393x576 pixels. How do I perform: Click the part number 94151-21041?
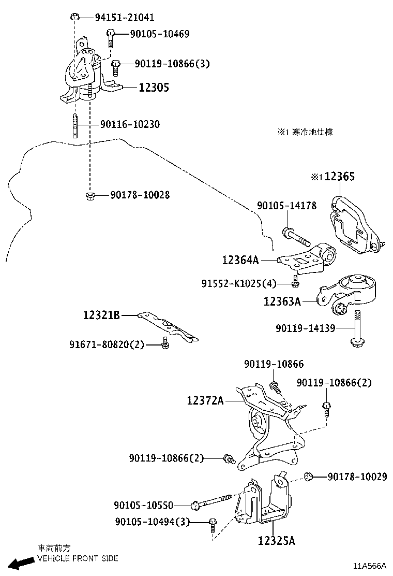[x=124, y=18]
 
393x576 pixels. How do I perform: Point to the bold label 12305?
[x=154, y=88]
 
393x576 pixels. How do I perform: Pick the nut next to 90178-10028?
[x=89, y=195]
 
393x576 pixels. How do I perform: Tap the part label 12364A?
[x=240, y=260]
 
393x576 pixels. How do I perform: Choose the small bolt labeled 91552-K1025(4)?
[x=295, y=281]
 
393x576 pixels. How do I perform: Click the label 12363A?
[x=282, y=301]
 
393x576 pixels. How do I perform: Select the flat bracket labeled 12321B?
[x=171, y=327]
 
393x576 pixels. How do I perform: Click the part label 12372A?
[x=205, y=400]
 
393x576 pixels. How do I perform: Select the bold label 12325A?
[x=276, y=541]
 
